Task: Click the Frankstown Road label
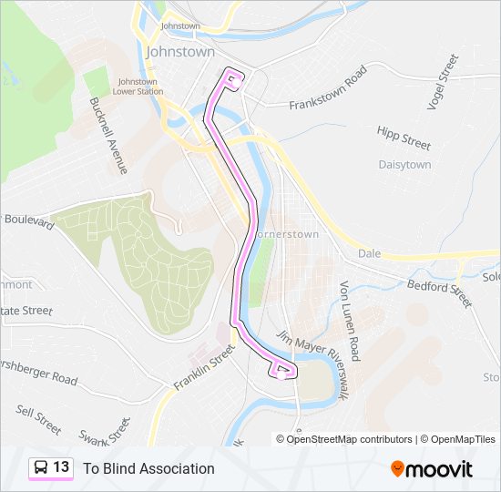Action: coord(327,88)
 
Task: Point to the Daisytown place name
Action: coord(404,165)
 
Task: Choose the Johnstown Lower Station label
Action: coord(140,87)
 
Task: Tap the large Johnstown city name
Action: coord(179,52)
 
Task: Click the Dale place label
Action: coord(369,253)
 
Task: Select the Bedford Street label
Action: coord(440,293)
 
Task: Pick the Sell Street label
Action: coord(38,419)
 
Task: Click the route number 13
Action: coord(61,467)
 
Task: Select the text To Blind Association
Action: coord(148,468)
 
